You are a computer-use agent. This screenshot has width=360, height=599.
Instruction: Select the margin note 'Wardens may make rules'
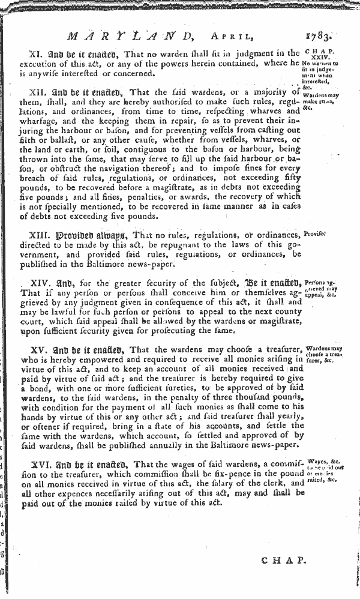[x=322, y=100]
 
